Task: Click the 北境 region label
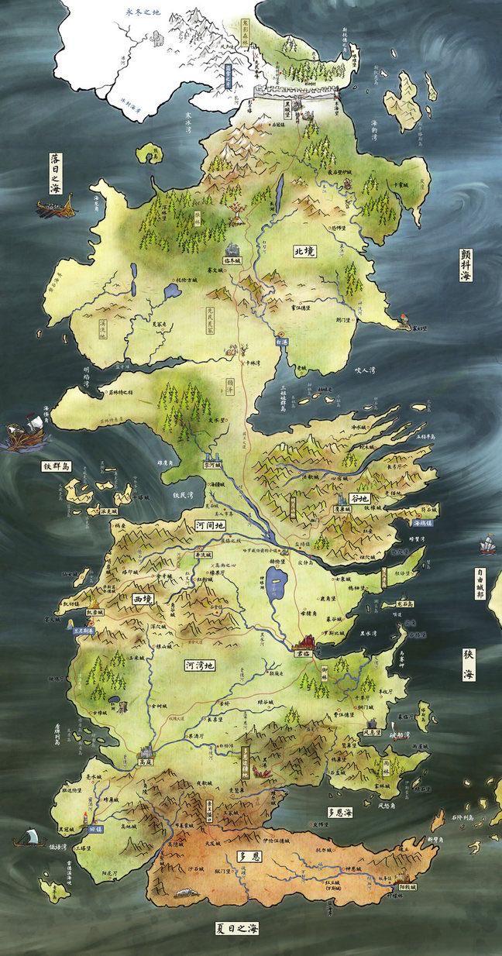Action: coord(305,251)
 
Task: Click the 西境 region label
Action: coord(144,599)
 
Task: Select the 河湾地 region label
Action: coord(199,665)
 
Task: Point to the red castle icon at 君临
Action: coord(306,642)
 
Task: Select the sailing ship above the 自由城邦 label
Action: coord(488,546)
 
